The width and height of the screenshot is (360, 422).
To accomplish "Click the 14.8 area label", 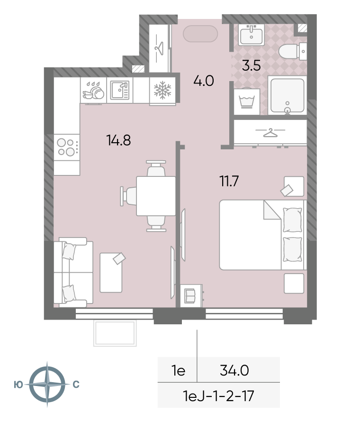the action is click(x=118, y=140).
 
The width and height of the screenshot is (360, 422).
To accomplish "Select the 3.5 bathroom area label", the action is click(x=251, y=65).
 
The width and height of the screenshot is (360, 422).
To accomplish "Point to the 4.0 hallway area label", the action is click(x=204, y=81).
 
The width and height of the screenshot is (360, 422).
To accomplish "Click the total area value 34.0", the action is click(x=234, y=371).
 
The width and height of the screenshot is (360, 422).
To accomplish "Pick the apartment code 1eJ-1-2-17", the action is click(x=218, y=396).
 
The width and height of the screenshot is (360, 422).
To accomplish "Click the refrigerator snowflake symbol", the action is click(x=162, y=90).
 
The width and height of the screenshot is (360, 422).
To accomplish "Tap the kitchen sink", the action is click(x=120, y=90).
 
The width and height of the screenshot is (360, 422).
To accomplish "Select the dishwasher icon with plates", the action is click(x=93, y=91).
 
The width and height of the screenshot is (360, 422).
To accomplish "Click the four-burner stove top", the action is click(x=67, y=147).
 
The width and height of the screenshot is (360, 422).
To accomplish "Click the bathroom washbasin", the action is click(x=251, y=35).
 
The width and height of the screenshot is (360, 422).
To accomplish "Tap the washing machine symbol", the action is click(x=247, y=102).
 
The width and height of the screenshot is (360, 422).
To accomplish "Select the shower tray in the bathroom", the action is click(x=287, y=95).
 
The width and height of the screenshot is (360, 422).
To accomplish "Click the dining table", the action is click(x=156, y=196).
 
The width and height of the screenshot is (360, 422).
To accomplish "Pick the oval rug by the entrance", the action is click(x=200, y=34).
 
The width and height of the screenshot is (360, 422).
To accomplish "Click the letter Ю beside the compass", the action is click(x=18, y=385).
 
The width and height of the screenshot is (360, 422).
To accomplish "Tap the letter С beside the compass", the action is click(x=76, y=385).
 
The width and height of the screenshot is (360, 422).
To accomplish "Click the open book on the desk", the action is click(x=190, y=295).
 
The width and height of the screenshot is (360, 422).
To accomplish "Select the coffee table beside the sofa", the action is click(x=111, y=273).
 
